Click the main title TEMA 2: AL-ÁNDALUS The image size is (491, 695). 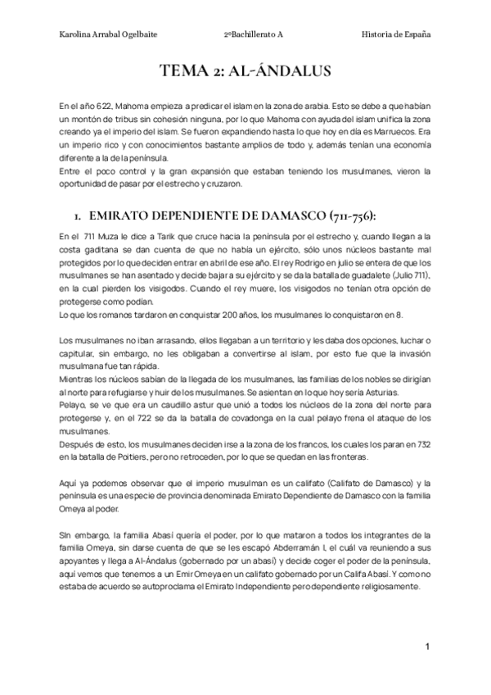245,72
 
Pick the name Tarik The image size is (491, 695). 170,236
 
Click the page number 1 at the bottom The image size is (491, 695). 427,647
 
